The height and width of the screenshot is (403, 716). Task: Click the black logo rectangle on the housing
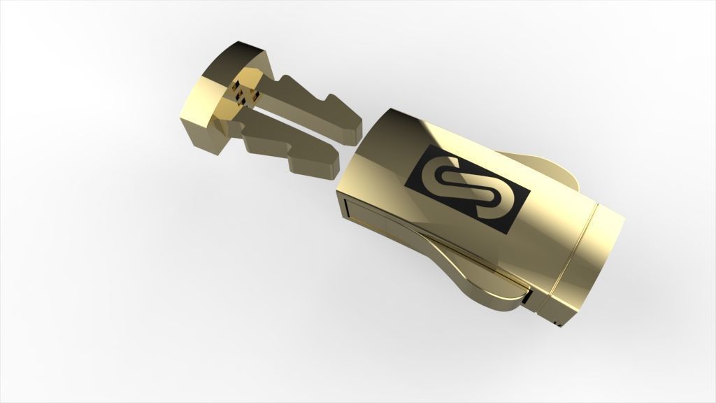click(467, 188)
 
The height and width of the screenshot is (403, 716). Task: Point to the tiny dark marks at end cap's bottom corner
click(557, 324)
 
